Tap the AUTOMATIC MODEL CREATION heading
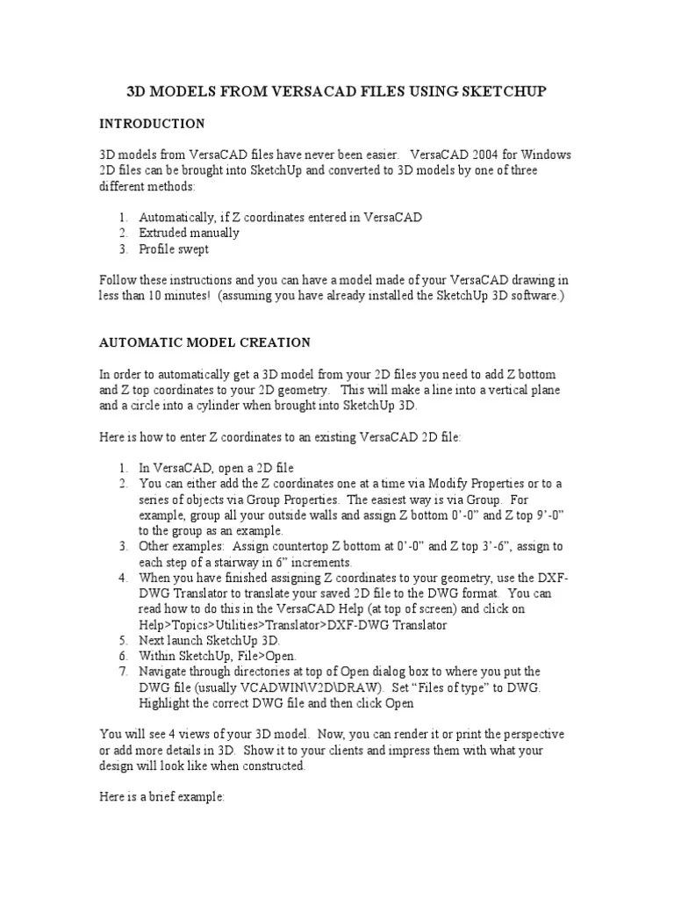coord(204,342)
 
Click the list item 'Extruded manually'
coord(189,233)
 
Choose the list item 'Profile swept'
coord(174,249)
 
